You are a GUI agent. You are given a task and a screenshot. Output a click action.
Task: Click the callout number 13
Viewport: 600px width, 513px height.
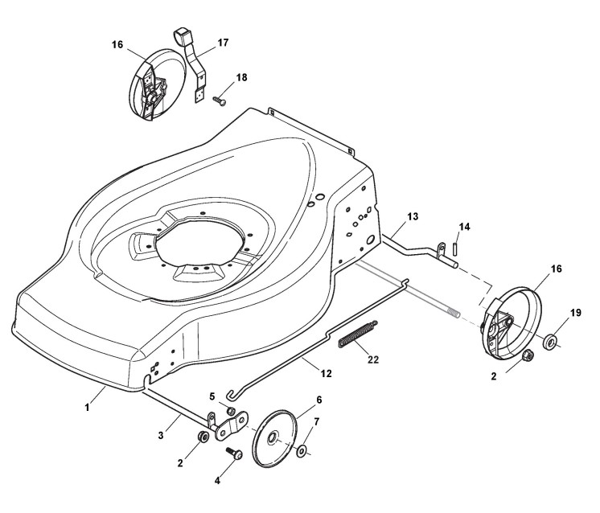pos(412,217)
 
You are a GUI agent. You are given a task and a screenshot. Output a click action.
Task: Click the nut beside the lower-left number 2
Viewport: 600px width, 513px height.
pos(203,437)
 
